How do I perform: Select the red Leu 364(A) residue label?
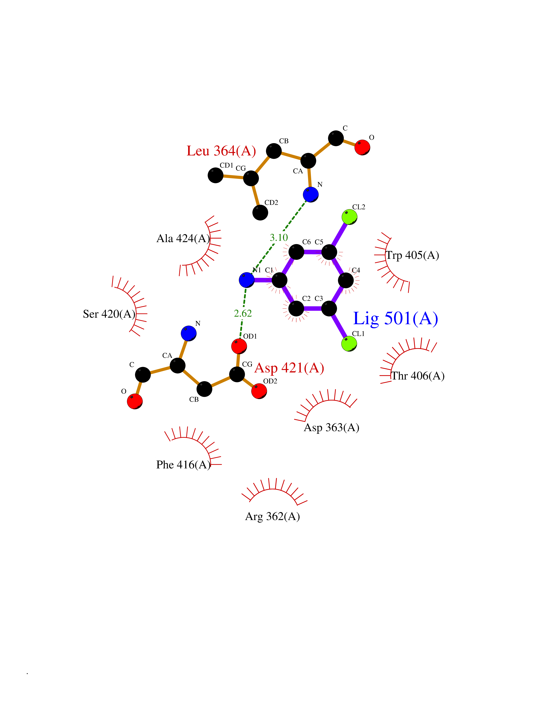click(221, 151)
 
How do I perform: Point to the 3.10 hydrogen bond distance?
click(279, 237)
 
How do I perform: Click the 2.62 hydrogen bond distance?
click(243, 313)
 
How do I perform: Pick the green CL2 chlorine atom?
click(349, 217)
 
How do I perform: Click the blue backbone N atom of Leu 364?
click(311, 194)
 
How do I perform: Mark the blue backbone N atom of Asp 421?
click(189, 333)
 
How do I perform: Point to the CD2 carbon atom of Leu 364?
click(260, 212)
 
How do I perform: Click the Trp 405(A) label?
click(412, 255)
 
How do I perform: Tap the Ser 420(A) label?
click(109, 314)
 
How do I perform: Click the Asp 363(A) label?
click(331, 427)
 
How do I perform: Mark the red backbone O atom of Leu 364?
click(362, 147)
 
